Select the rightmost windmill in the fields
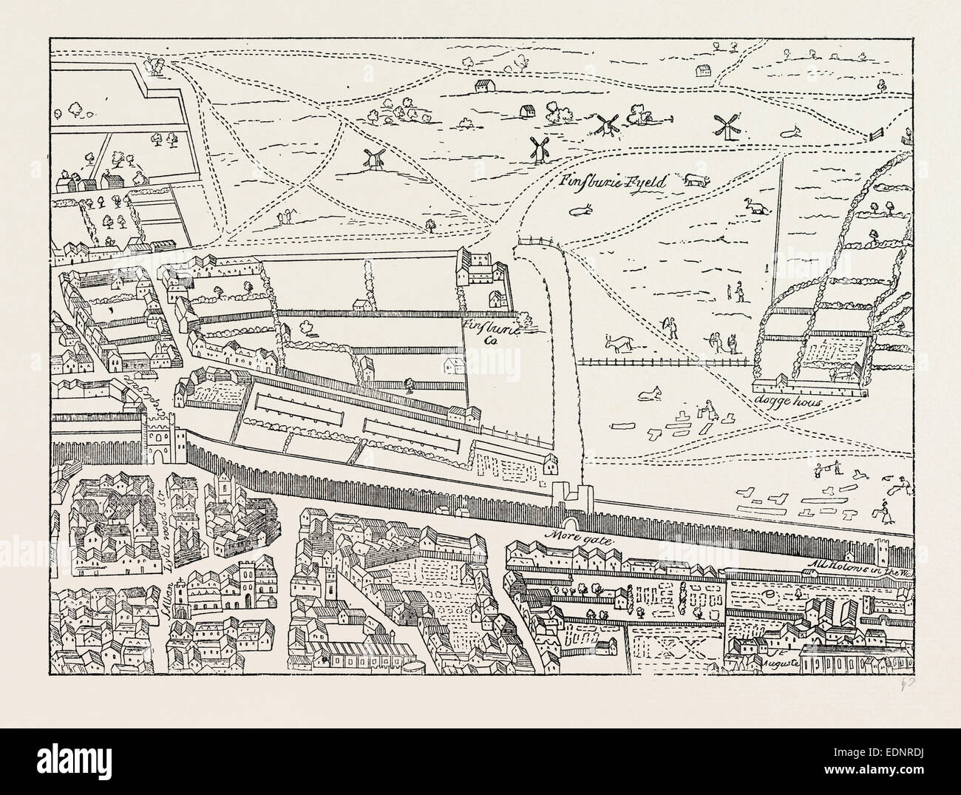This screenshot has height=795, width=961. pos(729,126)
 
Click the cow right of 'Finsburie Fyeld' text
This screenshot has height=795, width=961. pos(696,180)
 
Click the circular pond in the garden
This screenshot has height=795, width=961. pos(771,595)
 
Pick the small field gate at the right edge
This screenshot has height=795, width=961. pos(877,135)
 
